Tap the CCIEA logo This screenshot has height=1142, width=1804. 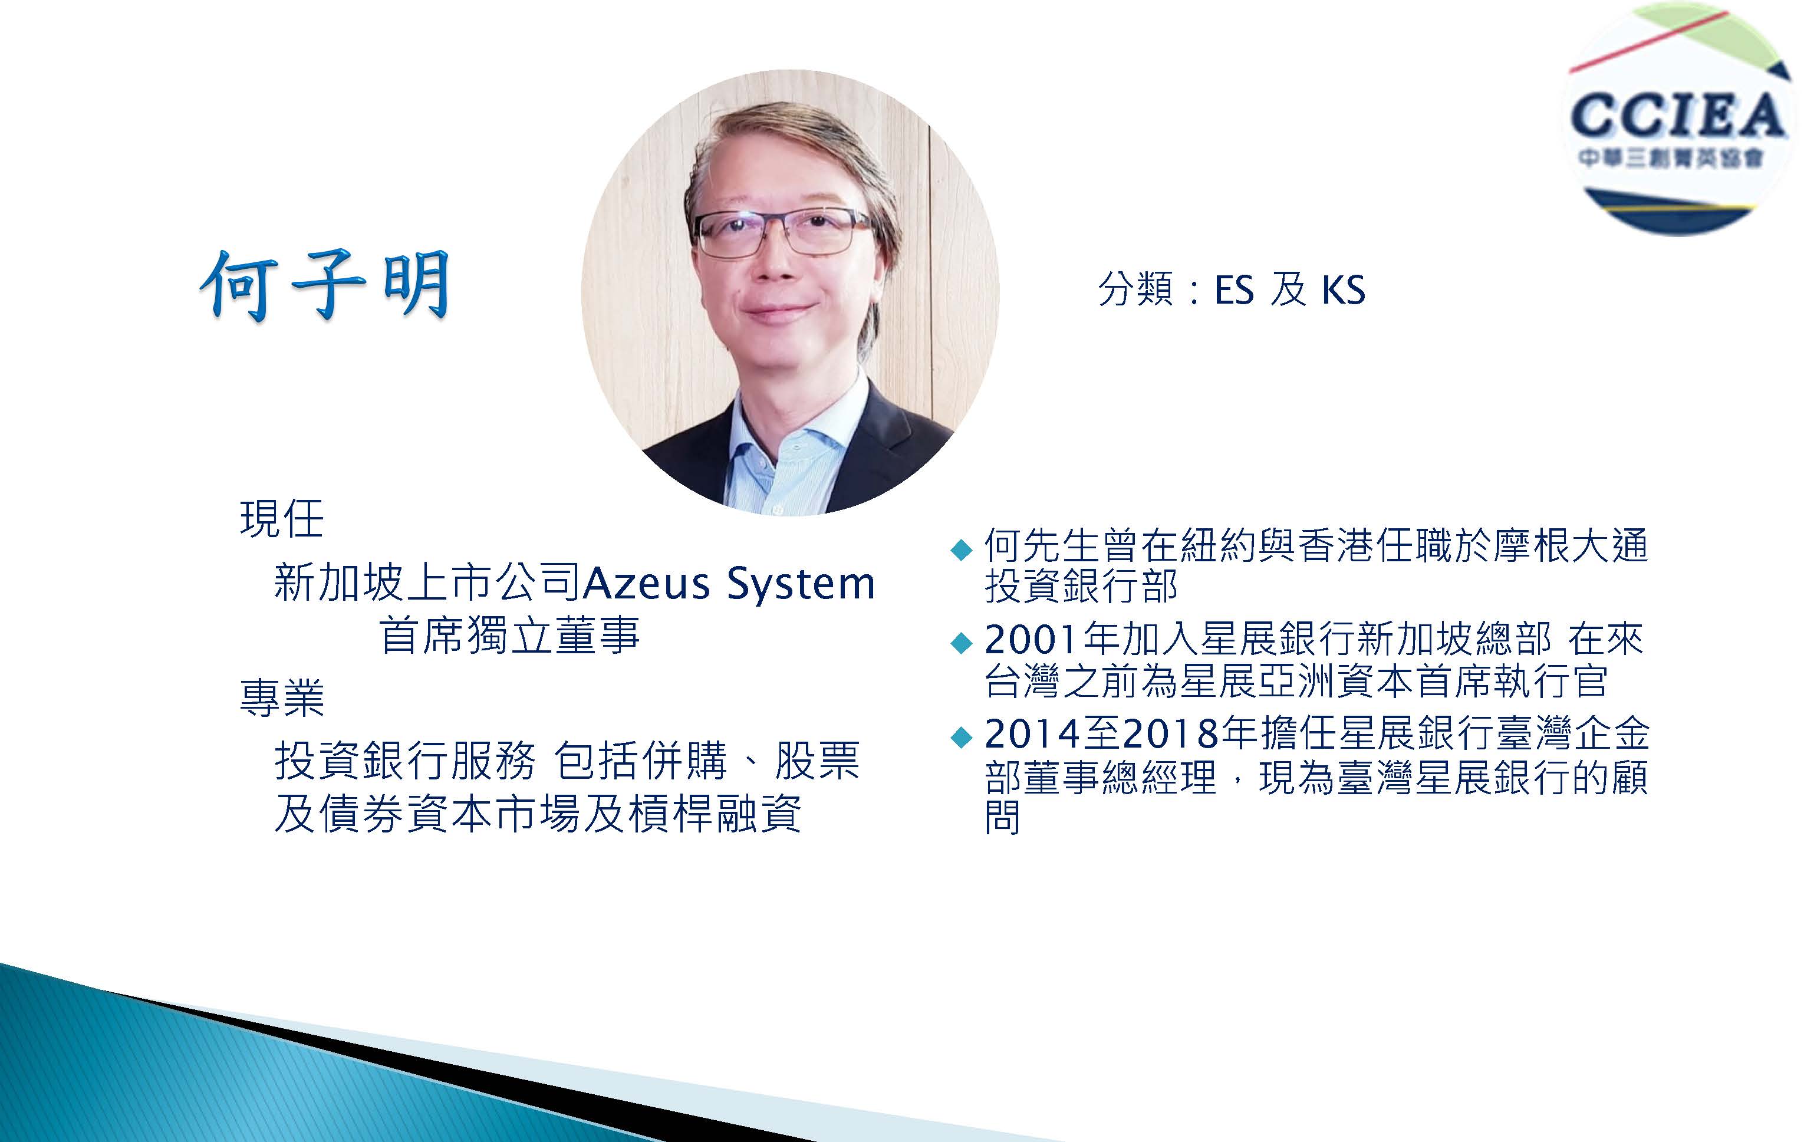click(1678, 120)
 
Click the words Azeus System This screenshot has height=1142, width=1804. click(729, 583)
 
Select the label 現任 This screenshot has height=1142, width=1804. click(282, 519)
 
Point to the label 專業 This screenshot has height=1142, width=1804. click(282, 697)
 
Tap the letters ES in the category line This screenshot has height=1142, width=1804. click(1234, 290)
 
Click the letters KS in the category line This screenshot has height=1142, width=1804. click(1343, 290)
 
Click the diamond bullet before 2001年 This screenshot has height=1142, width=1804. click(960, 644)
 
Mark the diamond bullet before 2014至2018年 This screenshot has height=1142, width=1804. click(960, 738)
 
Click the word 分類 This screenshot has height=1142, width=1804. click(1135, 290)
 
